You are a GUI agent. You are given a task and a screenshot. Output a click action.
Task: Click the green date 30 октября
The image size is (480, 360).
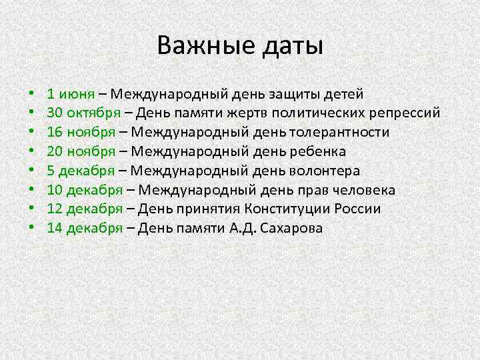pos(84,113)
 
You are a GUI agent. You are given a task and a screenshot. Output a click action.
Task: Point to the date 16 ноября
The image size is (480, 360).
pos(79,133)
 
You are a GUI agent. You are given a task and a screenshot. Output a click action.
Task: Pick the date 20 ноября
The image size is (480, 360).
pos(79,151)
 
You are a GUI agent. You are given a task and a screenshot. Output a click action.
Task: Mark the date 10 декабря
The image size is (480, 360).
pos(84,190)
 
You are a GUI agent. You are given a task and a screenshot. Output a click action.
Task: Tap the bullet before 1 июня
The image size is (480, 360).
pos(32,95)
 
